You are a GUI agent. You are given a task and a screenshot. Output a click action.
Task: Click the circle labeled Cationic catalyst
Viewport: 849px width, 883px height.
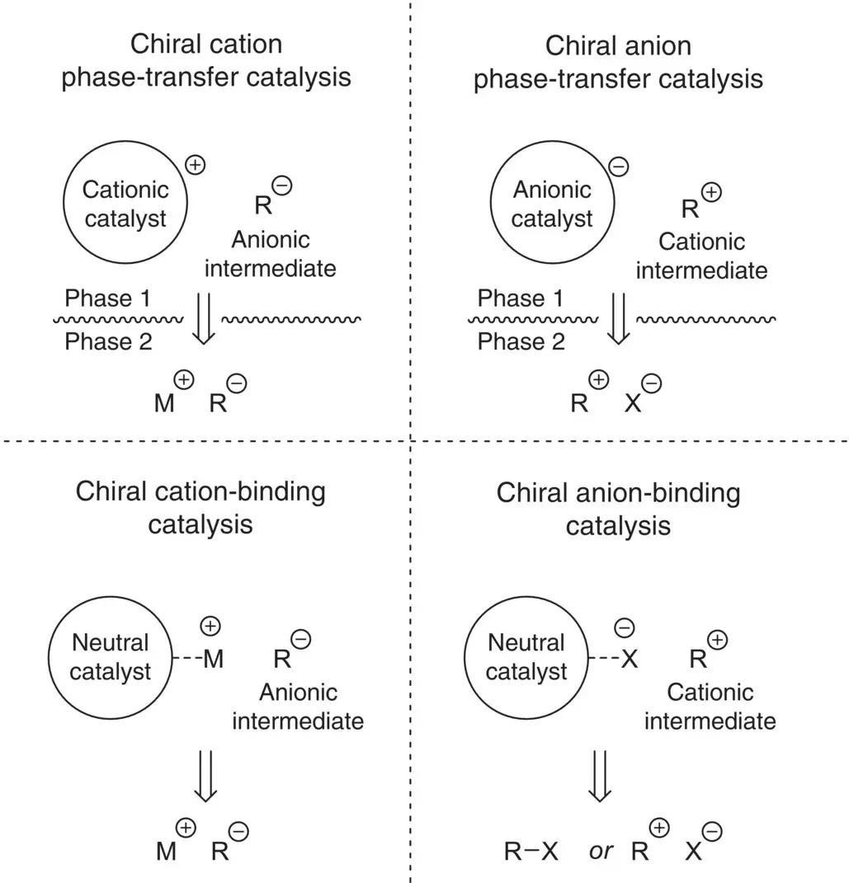point(125,204)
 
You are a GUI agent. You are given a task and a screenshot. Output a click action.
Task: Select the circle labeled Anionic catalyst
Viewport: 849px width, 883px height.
point(552,204)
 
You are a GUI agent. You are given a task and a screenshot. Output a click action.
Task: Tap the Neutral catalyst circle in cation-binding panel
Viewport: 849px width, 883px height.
point(111,656)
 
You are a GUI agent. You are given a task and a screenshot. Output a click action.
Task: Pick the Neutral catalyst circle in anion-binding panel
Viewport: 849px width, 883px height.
point(526,656)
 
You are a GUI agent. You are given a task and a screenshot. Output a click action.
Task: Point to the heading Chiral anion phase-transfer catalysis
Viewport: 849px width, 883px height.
point(618,62)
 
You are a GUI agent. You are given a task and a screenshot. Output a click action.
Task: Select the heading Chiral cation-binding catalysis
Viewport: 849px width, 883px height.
point(200,508)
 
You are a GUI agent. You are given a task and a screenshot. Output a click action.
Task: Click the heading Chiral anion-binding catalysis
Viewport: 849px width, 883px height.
point(618,509)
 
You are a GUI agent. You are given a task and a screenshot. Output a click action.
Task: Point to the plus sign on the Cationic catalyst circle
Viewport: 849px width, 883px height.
point(196,164)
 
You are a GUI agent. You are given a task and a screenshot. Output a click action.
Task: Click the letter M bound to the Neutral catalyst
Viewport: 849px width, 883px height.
point(213,659)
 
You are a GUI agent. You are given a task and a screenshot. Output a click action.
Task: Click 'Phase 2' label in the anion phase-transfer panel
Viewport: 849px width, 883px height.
point(521,342)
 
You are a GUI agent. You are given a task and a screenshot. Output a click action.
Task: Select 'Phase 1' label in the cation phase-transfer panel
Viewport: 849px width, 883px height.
point(108,298)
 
